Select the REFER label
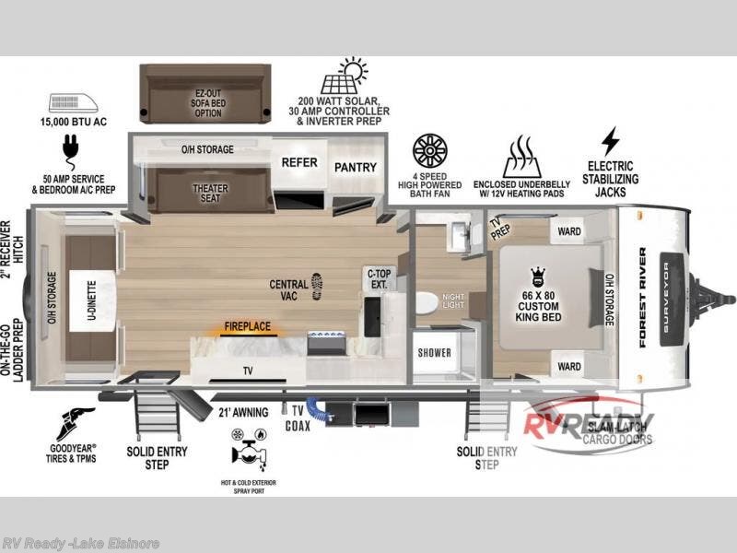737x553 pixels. tap(298, 163)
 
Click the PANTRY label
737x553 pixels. tap(356, 168)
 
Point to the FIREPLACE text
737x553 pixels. tap(247, 326)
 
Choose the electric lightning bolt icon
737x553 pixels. tap(610, 141)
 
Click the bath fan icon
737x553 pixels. tap(429, 150)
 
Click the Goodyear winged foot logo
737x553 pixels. tap(75, 422)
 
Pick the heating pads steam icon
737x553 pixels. tap(521, 156)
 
